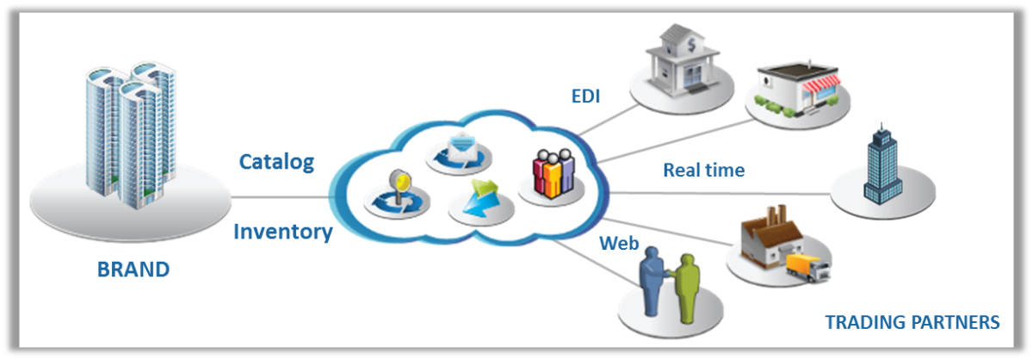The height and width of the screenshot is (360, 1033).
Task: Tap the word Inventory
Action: click(x=282, y=232)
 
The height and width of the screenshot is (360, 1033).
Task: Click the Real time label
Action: click(x=703, y=170)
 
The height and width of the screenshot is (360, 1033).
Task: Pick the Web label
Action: click(x=619, y=244)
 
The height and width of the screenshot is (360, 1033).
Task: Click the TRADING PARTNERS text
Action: click(x=912, y=322)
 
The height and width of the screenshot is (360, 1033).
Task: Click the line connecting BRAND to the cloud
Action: click(x=280, y=197)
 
